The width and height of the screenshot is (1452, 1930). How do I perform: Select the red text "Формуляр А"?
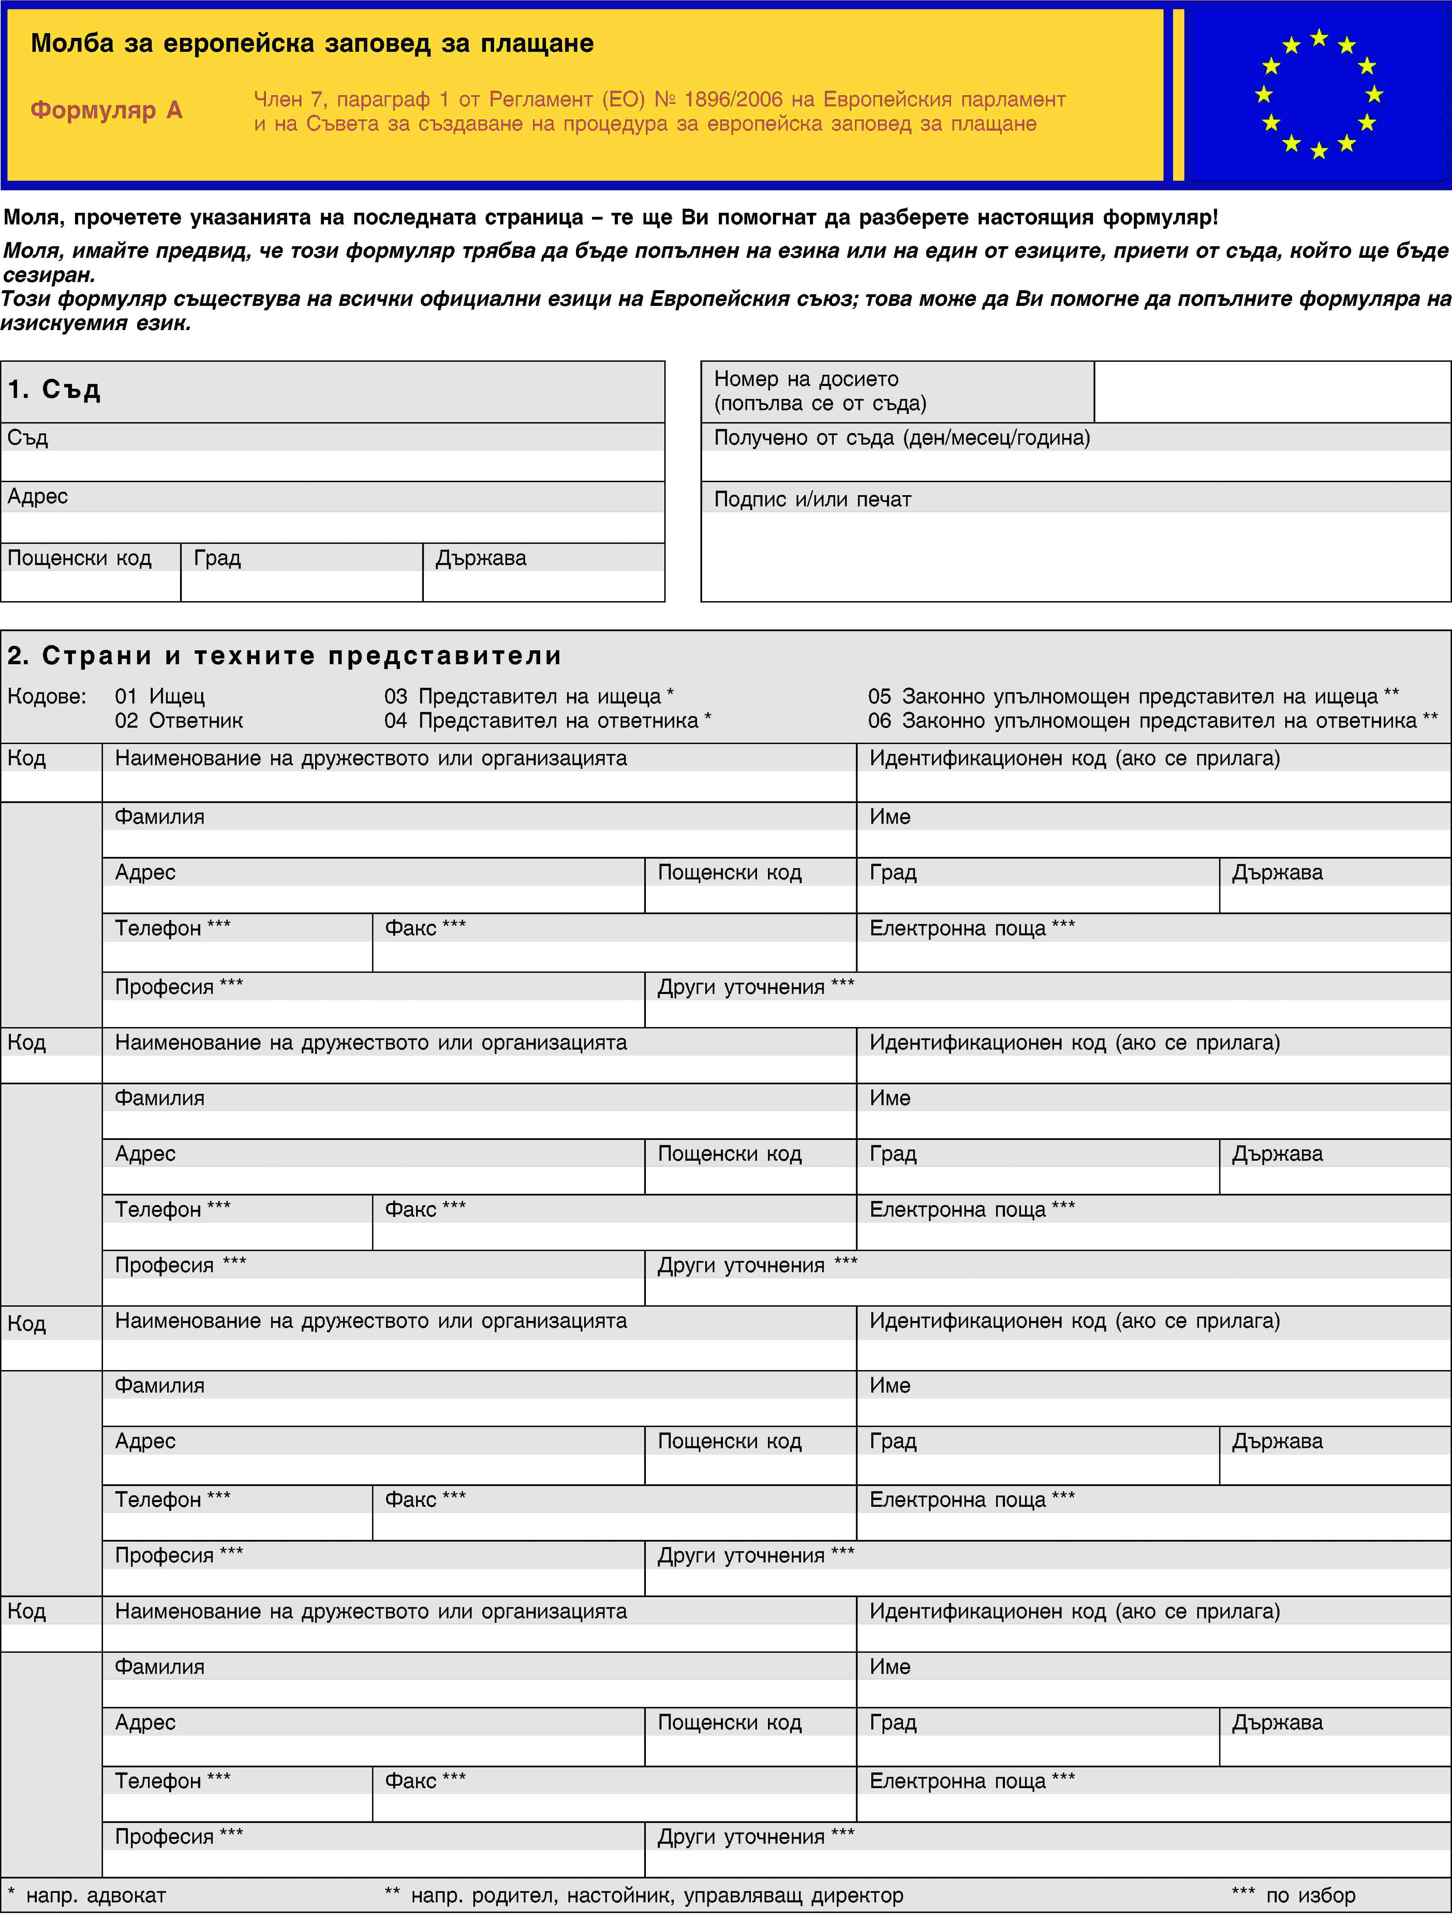click(x=106, y=110)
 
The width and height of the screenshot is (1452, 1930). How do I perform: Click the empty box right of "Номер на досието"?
click(x=1271, y=392)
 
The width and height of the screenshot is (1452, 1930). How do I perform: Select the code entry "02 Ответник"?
click(x=179, y=721)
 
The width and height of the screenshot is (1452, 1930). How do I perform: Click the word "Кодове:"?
click(x=47, y=696)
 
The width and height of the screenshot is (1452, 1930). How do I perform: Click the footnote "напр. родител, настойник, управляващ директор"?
click(x=656, y=1895)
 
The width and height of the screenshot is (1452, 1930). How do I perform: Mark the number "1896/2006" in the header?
click(x=733, y=100)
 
